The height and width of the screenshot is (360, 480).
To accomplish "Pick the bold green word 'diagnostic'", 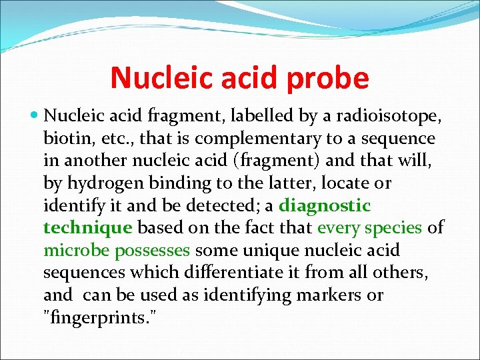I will click(x=325, y=205).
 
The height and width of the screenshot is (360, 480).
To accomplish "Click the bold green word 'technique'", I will click(x=87, y=228).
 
